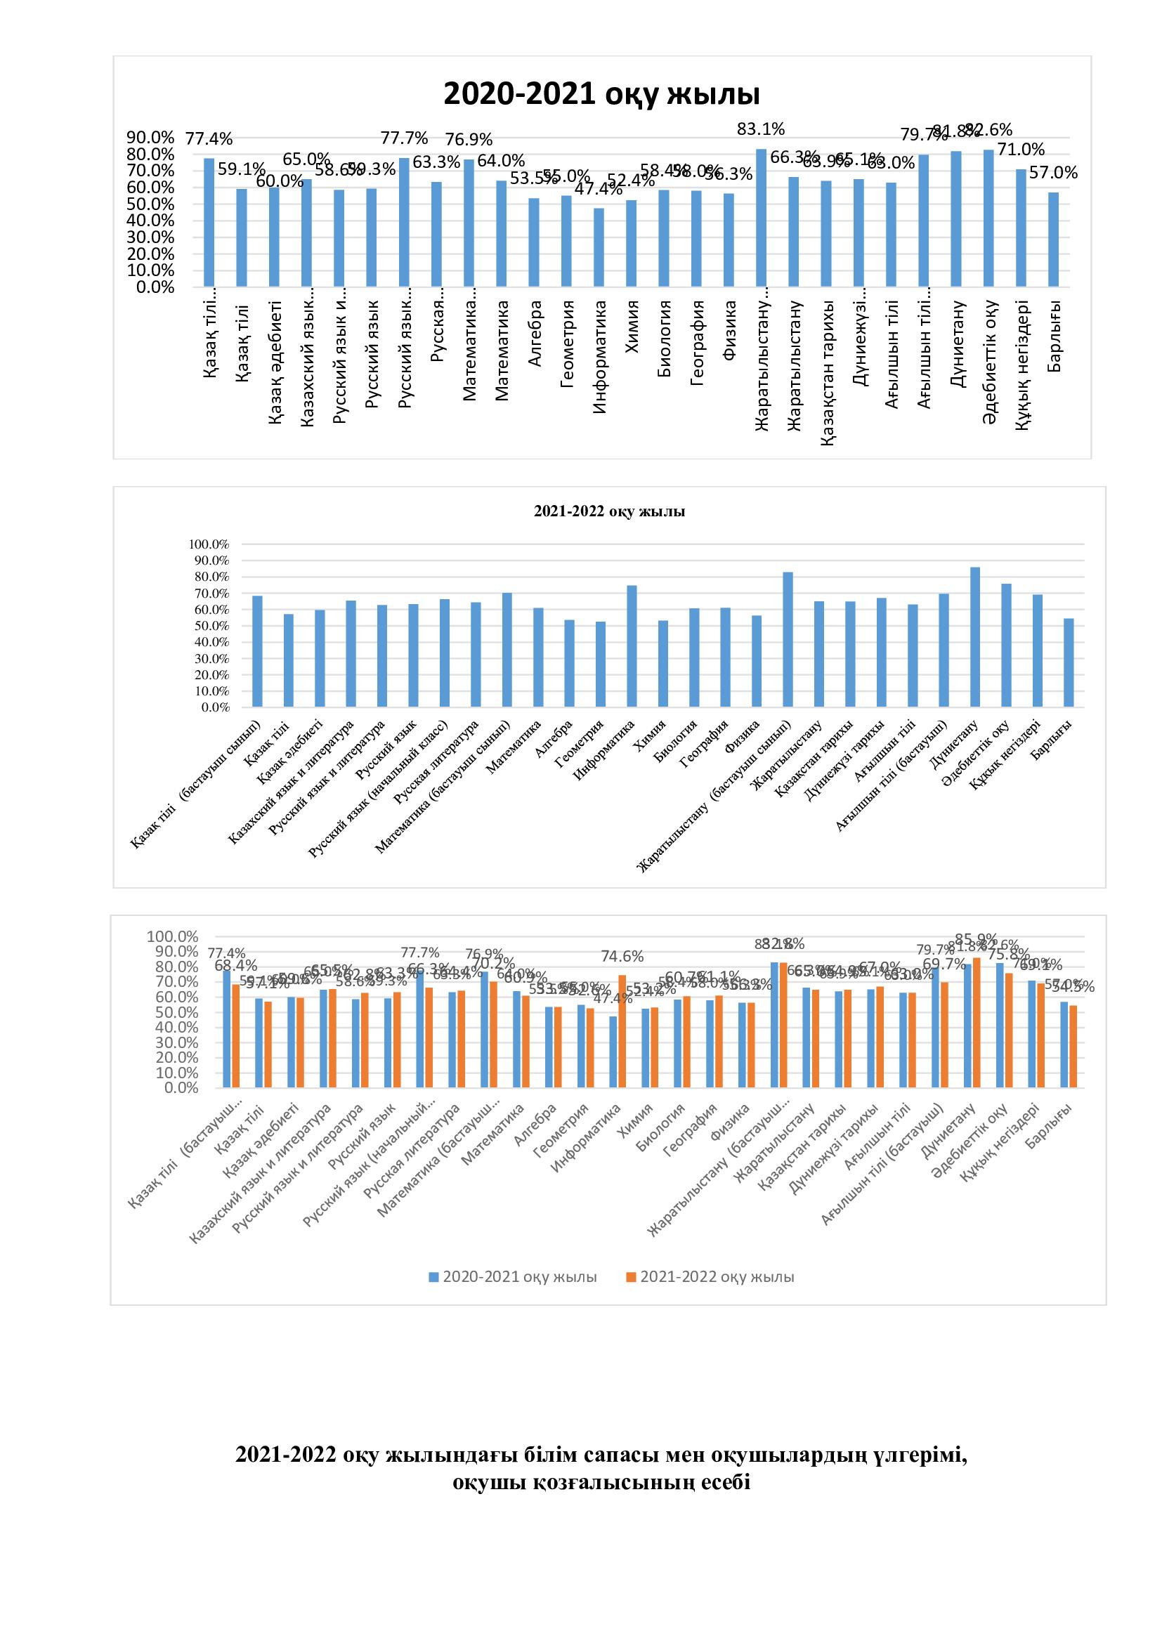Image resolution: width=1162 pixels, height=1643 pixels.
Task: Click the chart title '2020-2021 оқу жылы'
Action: coord(601,93)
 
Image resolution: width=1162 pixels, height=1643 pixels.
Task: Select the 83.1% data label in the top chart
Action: coord(762,129)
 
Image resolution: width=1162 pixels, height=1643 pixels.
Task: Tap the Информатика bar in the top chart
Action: coord(599,247)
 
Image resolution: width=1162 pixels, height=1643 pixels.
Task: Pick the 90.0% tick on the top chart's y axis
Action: coord(151,137)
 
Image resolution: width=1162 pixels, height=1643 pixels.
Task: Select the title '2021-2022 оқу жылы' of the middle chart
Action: coord(609,511)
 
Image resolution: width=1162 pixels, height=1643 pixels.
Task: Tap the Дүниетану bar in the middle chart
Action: coord(974,637)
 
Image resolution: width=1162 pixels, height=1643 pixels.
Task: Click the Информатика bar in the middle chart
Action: coord(632,646)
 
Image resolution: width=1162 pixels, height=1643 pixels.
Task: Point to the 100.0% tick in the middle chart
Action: coord(209,544)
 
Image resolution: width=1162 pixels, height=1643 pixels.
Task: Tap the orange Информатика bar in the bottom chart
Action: coord(622,1031)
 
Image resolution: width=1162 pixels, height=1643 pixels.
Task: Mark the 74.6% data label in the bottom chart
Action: coord(621,957)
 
